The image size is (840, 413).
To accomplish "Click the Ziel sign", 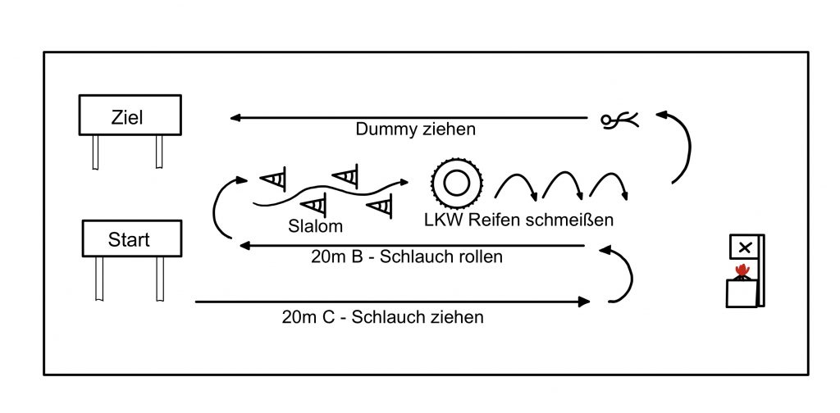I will click(130, 116).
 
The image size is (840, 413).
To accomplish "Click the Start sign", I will click(130, 238).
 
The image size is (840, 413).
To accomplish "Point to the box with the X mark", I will click(744, 247).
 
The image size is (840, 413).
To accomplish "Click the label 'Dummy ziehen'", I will click(415, 130).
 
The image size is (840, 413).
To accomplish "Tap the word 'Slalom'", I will click(316, 225).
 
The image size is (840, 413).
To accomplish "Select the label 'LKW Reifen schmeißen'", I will click(518, 220).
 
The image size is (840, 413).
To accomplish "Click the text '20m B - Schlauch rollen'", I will click(407, 256).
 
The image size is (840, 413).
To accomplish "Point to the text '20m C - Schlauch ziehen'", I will click(382, 317).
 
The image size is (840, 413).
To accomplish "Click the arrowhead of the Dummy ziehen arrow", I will click(235, 118).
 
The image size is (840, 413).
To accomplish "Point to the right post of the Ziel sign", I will click(158, 152).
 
